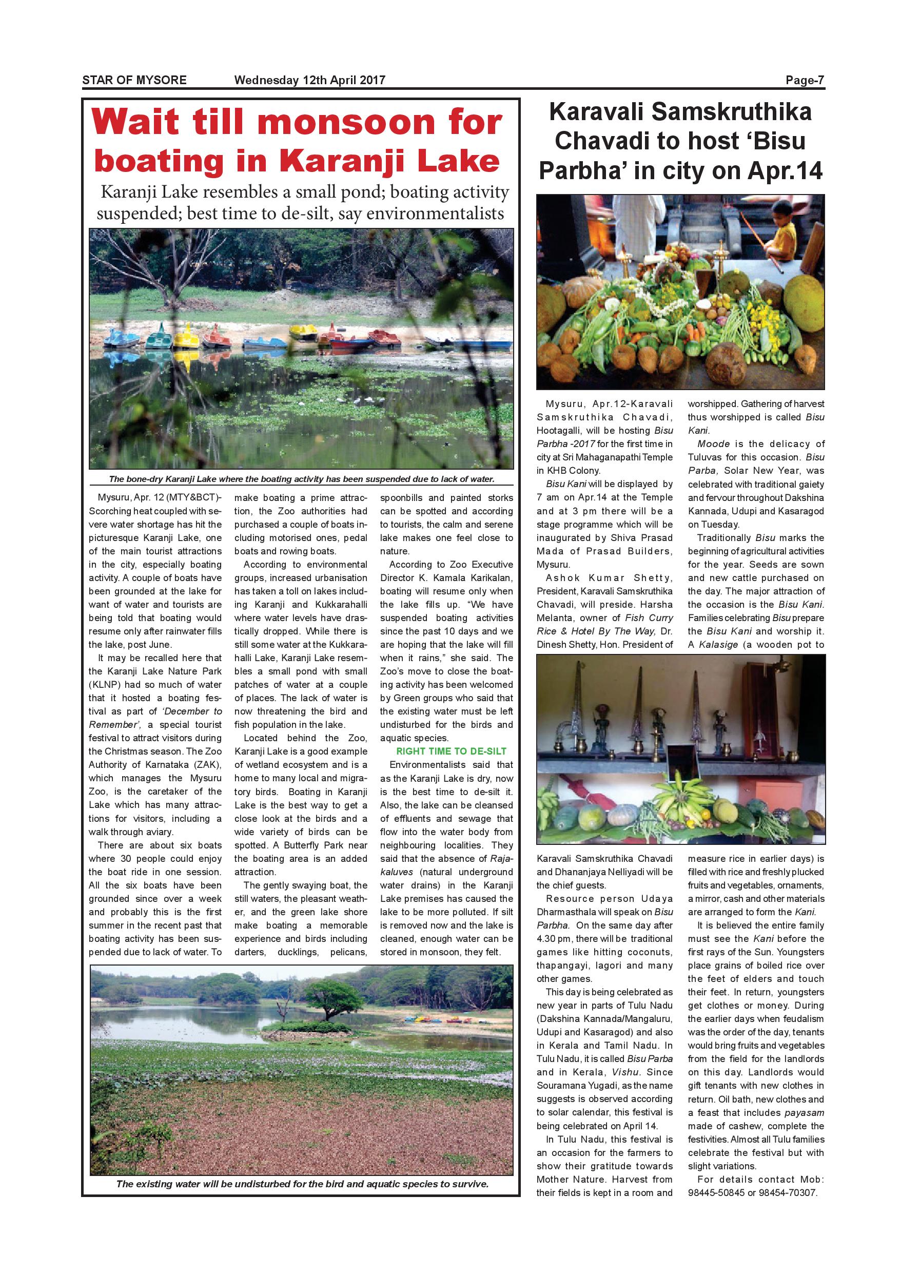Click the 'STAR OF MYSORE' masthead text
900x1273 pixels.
pos(134,80)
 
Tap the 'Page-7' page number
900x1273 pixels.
pos(805,80)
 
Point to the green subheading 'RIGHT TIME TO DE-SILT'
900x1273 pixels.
pos(451,751)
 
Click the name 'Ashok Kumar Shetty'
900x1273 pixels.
pos(604,578)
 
